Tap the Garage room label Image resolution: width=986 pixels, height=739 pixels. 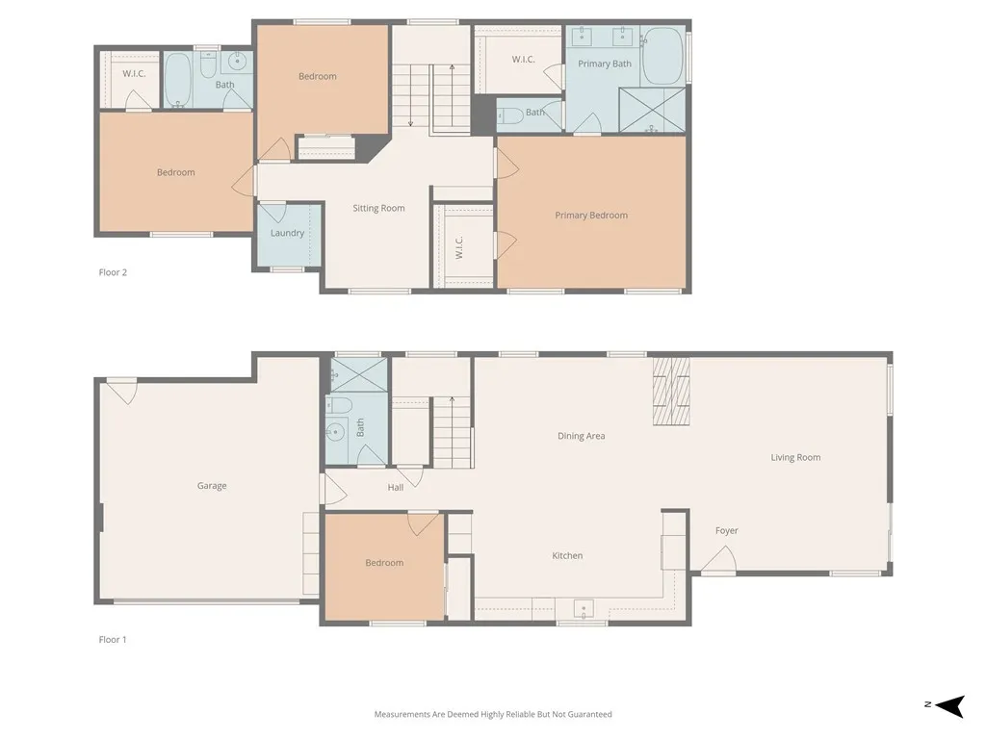(212, 486)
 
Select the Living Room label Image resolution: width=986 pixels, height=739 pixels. (795, 457)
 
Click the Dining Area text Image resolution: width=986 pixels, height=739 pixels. (581, 436)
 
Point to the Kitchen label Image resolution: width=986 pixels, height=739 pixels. (567, 555)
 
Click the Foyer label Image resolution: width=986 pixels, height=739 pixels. (726, 530)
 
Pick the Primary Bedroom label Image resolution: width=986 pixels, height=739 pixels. (590, 215)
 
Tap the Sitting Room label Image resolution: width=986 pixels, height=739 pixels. (378, 208)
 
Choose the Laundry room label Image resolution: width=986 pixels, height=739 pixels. (287, 233)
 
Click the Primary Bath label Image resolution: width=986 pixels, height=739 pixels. (605, 64)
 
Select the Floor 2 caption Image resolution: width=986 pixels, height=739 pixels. (113, 272)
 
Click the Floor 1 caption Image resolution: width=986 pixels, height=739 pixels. (113, 639)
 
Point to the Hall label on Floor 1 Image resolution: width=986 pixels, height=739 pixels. (396, 488)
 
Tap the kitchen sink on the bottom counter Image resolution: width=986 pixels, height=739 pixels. (583, 609)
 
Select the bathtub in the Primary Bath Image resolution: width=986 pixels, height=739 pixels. (662, 55)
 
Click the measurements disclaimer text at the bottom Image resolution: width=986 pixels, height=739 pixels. (493, 714)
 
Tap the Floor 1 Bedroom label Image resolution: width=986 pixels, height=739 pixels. (384, 563)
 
